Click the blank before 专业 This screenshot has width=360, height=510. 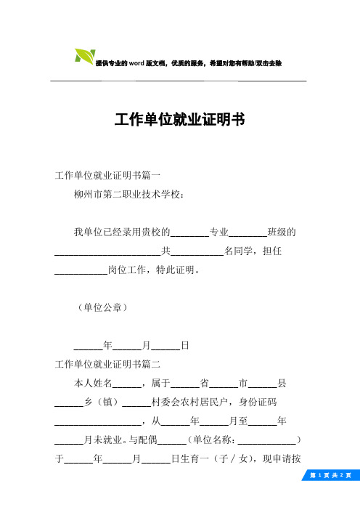click(x=189, y=232)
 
